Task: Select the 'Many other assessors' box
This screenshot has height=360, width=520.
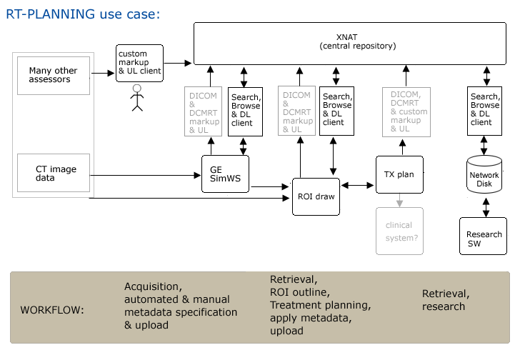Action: [54, 75]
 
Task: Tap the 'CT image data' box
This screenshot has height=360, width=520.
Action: [54, 174]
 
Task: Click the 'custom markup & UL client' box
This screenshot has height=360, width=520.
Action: [139, 63]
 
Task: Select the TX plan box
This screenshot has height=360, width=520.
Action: [399, 174]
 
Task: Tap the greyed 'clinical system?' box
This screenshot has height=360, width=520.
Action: [399, 230]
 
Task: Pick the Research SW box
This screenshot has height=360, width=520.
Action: [484, 236]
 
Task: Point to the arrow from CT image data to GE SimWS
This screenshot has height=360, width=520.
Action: [146, 174]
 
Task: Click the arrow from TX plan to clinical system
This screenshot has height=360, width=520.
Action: [399, 200]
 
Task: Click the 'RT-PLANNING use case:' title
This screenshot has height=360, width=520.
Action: [82, 14]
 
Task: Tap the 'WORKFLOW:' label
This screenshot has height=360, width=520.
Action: [52, 311]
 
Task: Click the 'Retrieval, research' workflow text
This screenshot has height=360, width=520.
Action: [446, 300]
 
